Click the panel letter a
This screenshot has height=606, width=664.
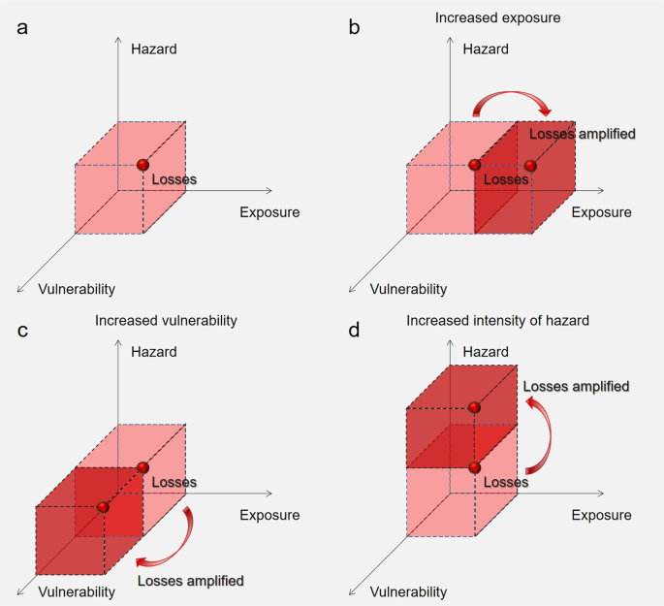[x=22, y=26]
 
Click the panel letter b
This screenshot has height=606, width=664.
[x=355, y=26]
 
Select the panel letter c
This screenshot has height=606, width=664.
[x=22, y=331]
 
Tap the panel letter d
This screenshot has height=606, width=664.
[x=355, y=331]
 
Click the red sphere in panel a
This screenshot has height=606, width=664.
[x=143, y=165]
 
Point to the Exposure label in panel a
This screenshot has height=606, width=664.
[x=269, y=212]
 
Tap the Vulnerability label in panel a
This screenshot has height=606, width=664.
[x=77, y=288]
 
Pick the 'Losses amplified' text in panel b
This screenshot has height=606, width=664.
[x=582, y=134]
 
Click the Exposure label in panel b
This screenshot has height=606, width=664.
[x=601, y=212]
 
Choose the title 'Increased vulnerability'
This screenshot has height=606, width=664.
[x=166, y=320]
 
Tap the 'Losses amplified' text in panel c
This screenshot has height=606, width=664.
[x=190, y=581]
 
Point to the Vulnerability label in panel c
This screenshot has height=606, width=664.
[x=77, y=591]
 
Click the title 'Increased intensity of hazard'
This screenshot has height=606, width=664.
[x=498, y=320]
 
